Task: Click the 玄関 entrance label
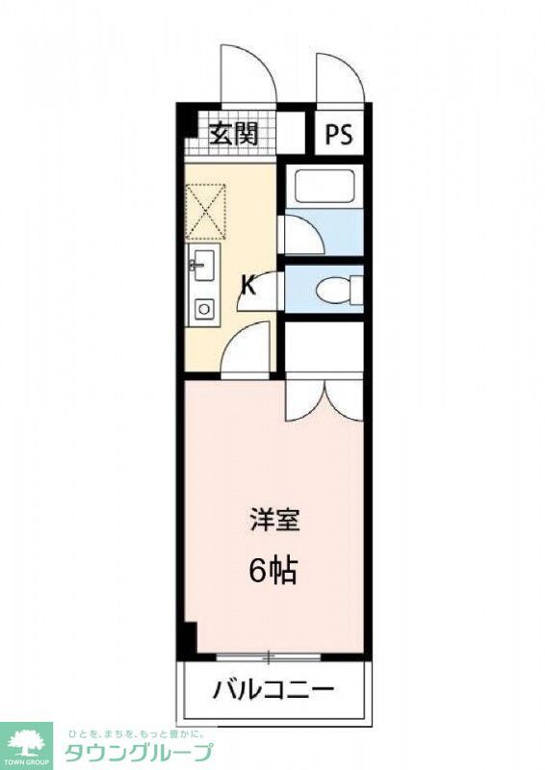click(234, 134)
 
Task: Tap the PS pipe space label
click(337, 135)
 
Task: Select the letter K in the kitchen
click(247, 285)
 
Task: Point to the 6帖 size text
click(272, 571)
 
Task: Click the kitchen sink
click(202, 263)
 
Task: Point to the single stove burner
click(203, 309)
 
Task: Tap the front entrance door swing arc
click(247, 75)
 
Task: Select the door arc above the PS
click(339, 77)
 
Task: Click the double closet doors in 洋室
click(324, 397)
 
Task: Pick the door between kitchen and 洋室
click(247, 349)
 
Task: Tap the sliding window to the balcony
click(269, 657)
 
